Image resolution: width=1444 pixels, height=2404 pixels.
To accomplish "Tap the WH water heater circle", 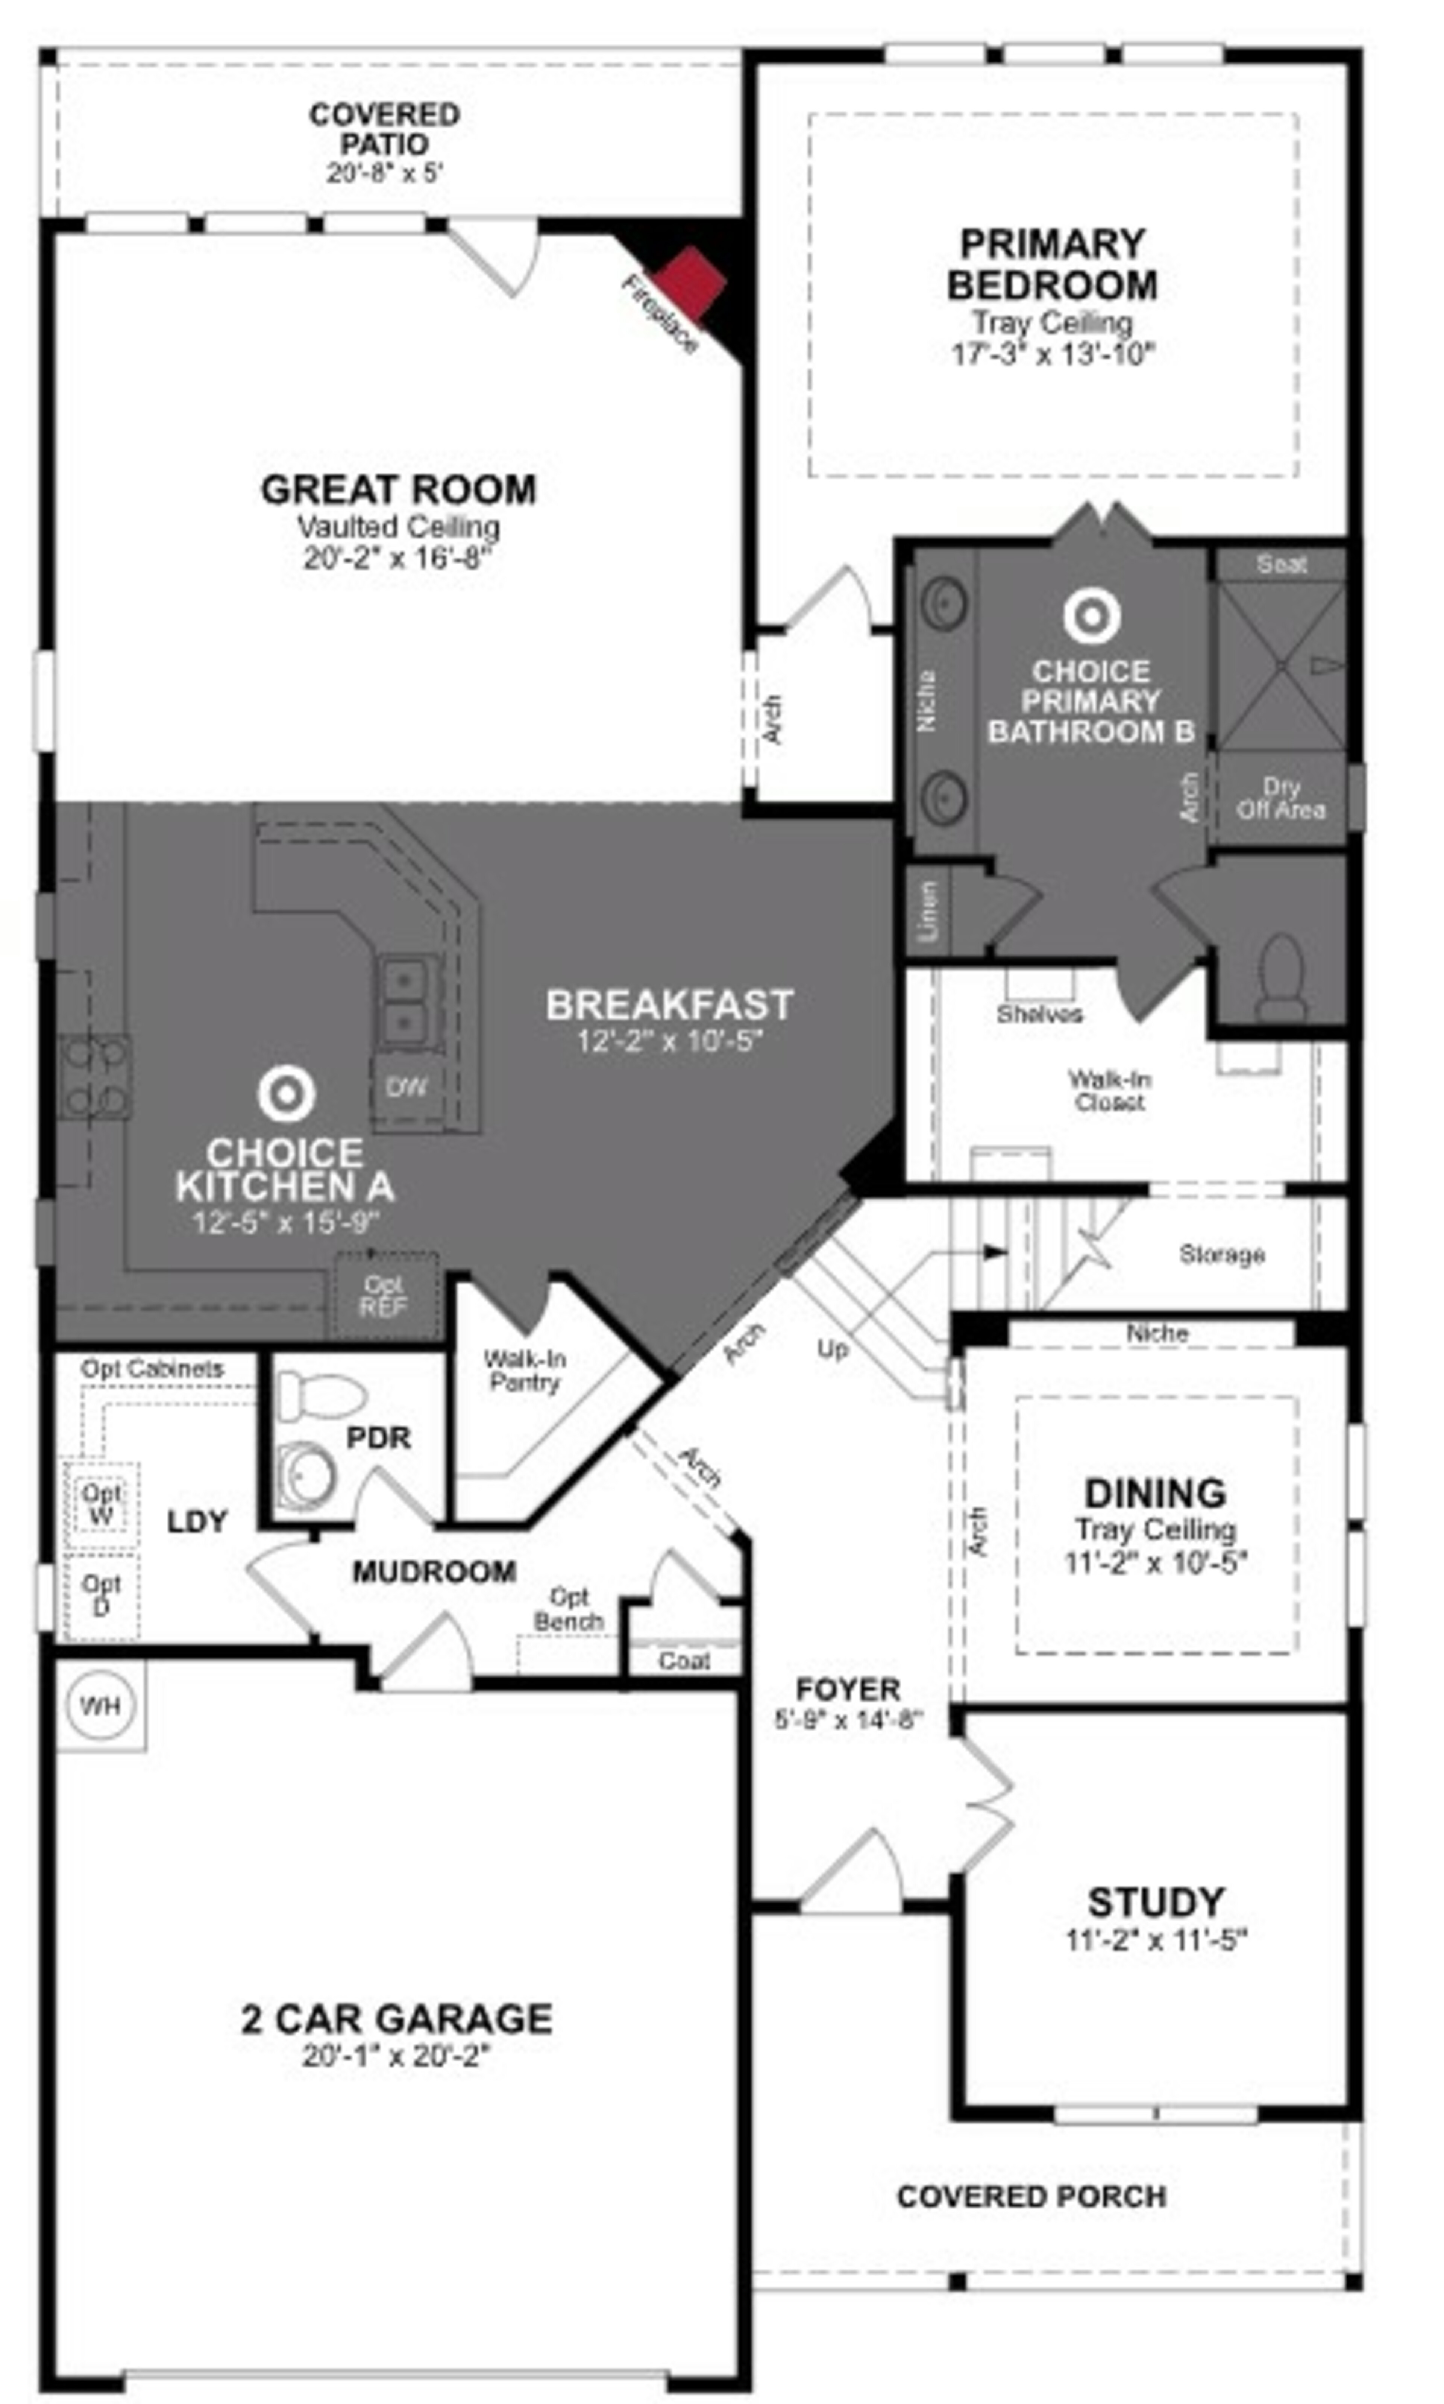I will point(100,1705).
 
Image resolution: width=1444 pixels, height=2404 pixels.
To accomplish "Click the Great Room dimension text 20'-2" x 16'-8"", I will point(399,558).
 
